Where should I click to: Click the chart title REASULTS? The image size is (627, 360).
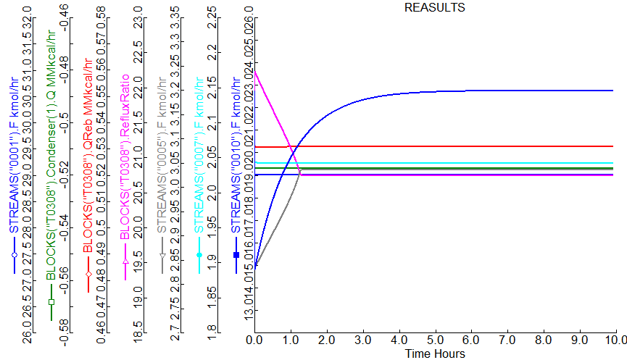[434, 8]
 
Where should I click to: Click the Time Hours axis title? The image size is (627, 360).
[435, 353]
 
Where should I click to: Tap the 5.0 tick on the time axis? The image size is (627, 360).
[435, 339]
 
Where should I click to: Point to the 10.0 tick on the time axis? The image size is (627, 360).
[615, 339]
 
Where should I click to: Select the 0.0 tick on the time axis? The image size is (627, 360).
[254, 339]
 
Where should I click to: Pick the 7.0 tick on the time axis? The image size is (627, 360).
[507, 339]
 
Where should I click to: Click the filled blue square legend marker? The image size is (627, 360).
[236, 255]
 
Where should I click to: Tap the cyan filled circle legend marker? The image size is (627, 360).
[199, 256]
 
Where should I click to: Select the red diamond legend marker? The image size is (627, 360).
[88, 275]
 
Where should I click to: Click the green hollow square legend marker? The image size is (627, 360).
[51, 301]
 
